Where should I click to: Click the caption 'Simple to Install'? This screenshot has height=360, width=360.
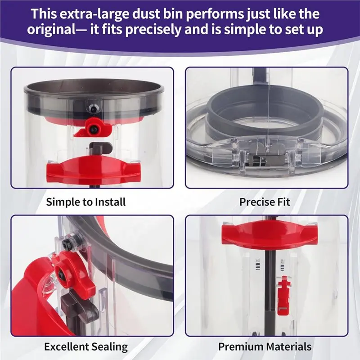[x=86, y=202]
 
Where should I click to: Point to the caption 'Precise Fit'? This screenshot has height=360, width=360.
[x=265, y=202]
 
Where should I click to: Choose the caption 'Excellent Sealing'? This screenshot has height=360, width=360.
[x=86, y=347]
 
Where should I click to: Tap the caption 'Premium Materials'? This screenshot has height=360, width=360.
[x=265, y=346]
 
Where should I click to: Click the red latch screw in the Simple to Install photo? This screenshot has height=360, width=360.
[x=93, y=129]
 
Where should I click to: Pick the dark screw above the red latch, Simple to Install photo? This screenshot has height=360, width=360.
[x=93, y=108]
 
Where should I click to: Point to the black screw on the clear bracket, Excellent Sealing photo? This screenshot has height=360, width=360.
[x=66, y=243]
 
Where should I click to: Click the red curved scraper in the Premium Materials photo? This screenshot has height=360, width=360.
[x=266, y=236]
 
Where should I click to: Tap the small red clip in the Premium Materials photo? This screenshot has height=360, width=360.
[x=283, y=295]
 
